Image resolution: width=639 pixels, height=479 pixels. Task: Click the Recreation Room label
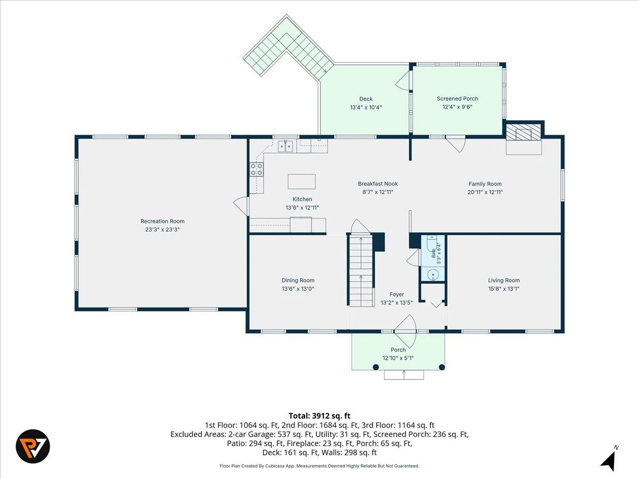[162, 221]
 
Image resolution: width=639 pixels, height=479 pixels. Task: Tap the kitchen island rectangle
[301, 181]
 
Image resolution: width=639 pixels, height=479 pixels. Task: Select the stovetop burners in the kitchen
[257, 169]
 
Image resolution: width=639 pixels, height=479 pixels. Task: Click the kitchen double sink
[285, 146]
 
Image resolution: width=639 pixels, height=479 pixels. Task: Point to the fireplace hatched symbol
[523, 134]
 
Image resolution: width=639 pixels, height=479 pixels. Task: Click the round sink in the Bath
[433, 274]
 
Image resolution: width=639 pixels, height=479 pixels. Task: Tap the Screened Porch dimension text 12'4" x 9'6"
[457, 107]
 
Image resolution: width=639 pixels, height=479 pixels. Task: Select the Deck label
[366, 99]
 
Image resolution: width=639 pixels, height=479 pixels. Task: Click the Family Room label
[485, 184]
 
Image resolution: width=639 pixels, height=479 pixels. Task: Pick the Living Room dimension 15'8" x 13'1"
[504, 289]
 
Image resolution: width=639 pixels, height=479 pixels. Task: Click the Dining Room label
[298, 280]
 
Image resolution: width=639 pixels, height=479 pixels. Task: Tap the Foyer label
[397, 294]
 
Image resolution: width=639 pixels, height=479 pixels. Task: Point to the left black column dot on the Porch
[376, 367]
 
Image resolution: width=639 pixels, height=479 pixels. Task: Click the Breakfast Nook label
[378, 184]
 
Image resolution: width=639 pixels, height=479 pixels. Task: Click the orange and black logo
[33, 447]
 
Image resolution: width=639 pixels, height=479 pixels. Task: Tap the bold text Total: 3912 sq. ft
[319, 416]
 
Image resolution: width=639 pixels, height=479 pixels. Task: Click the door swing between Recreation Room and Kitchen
[241, 206]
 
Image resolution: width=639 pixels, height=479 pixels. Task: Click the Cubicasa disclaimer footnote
[319, 466]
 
